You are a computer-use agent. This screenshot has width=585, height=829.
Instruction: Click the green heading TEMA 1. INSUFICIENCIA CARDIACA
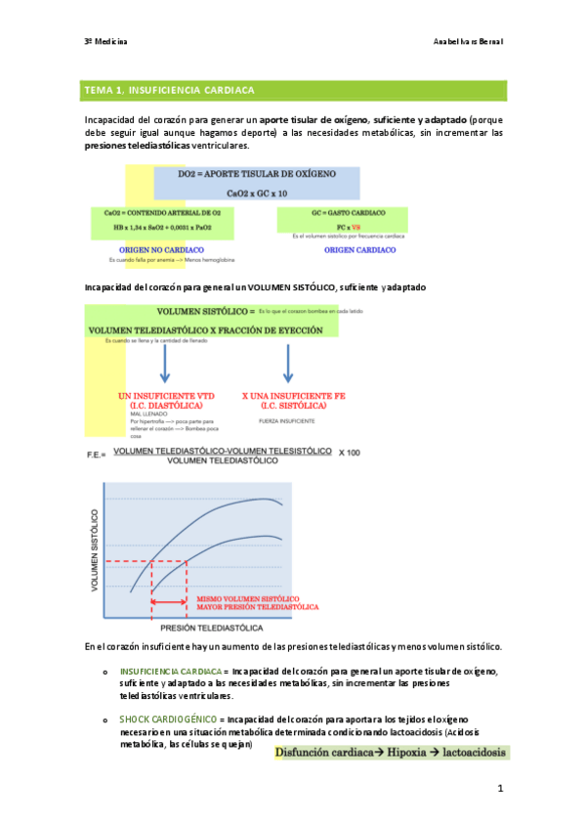170,90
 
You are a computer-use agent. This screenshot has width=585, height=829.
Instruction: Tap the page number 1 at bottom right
498,787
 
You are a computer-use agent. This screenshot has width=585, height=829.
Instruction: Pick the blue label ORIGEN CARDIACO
359,249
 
